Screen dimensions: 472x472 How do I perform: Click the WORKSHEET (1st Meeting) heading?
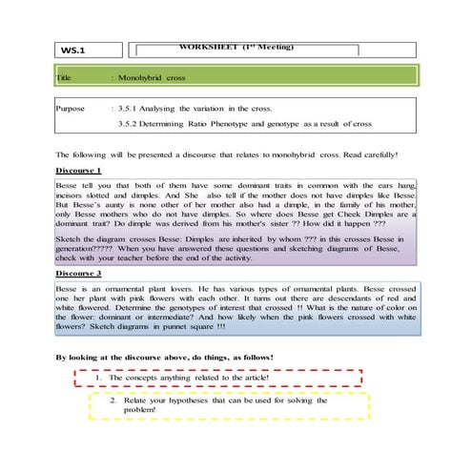tap(236, 46)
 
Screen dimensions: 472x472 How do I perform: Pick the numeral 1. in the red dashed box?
tap(101, 378)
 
